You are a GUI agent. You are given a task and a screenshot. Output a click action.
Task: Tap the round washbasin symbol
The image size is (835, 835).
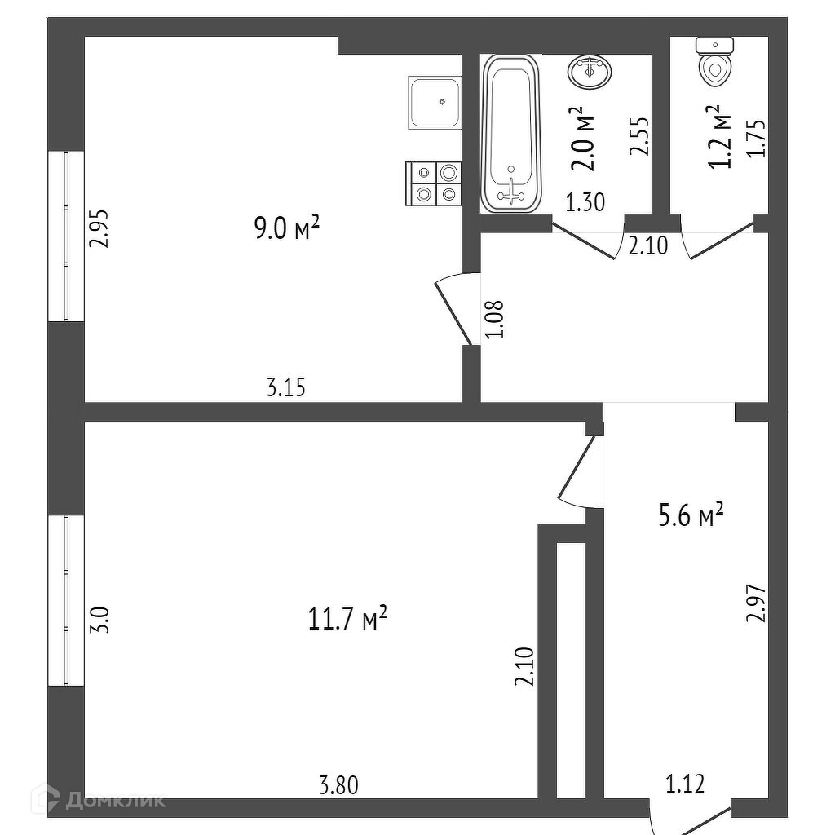pyautogui.click(x=588, y=72)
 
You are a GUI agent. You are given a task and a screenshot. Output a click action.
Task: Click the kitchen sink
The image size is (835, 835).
pyautogui.click(x=435, y=102)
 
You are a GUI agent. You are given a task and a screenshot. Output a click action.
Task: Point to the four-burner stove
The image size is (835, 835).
pyautogui.click(x=434, y=183)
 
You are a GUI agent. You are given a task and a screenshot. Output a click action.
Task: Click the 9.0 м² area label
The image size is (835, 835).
pyautogui.click(x=285, y=229)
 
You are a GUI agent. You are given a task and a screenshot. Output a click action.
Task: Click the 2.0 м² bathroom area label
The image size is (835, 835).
pyautogui.click(x=582, y=139)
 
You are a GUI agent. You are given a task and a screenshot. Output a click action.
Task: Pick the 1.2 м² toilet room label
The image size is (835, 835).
pyautogui.click(x=718, y=137)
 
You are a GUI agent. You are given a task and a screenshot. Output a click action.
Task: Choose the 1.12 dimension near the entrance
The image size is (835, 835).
pyautogui.click(x=685, y=784)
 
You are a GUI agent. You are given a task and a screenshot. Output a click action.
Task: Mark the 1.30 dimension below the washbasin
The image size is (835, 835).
pyautogui.click(x=585, y=202)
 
